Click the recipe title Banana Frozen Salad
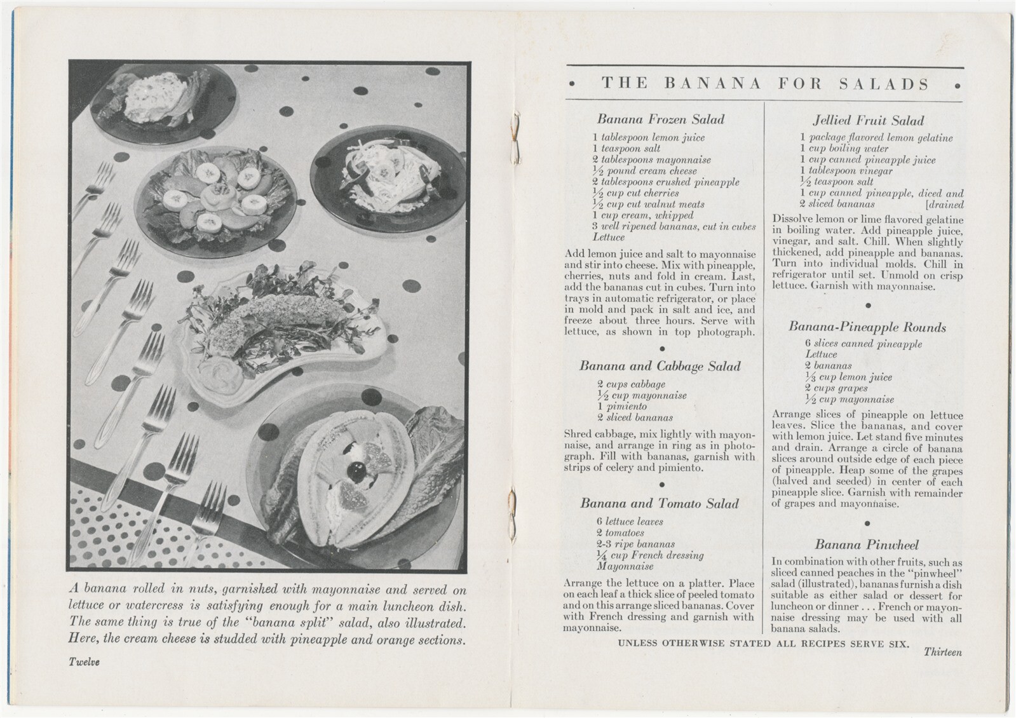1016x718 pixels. [660, 119]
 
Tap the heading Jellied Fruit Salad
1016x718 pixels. [868, 121]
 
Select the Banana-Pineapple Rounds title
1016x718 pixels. [867, 327]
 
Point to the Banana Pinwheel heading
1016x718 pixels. [867, 545]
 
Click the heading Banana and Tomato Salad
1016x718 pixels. [659, 503]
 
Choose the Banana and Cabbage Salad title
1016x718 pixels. [660, 366]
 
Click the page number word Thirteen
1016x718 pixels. [942, 652]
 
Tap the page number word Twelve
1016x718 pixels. [84, 661]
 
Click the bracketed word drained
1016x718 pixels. [945, 205]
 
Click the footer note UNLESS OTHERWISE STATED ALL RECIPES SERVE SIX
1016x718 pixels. [762, 643]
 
